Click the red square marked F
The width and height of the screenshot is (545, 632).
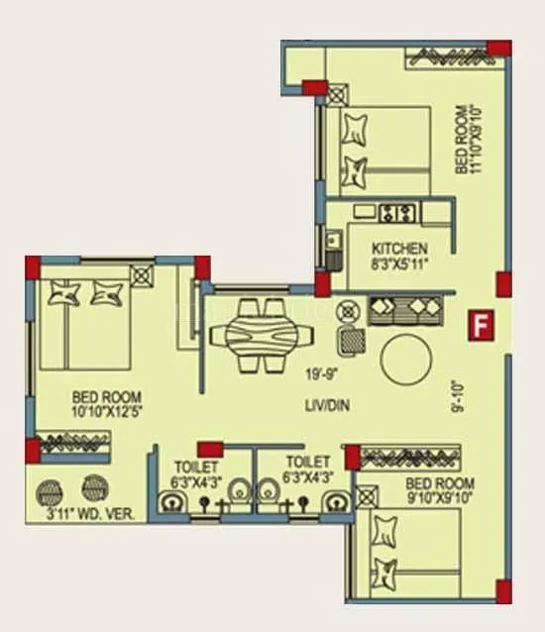click(482, 325)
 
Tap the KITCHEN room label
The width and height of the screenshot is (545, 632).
click(399, 248)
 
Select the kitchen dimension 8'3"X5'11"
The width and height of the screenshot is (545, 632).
click(399, 264)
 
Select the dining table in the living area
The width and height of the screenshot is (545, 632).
click(255, 335)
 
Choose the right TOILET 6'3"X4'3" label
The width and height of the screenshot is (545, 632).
click(307, 469)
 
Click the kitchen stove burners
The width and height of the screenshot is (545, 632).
click(397, 212)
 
